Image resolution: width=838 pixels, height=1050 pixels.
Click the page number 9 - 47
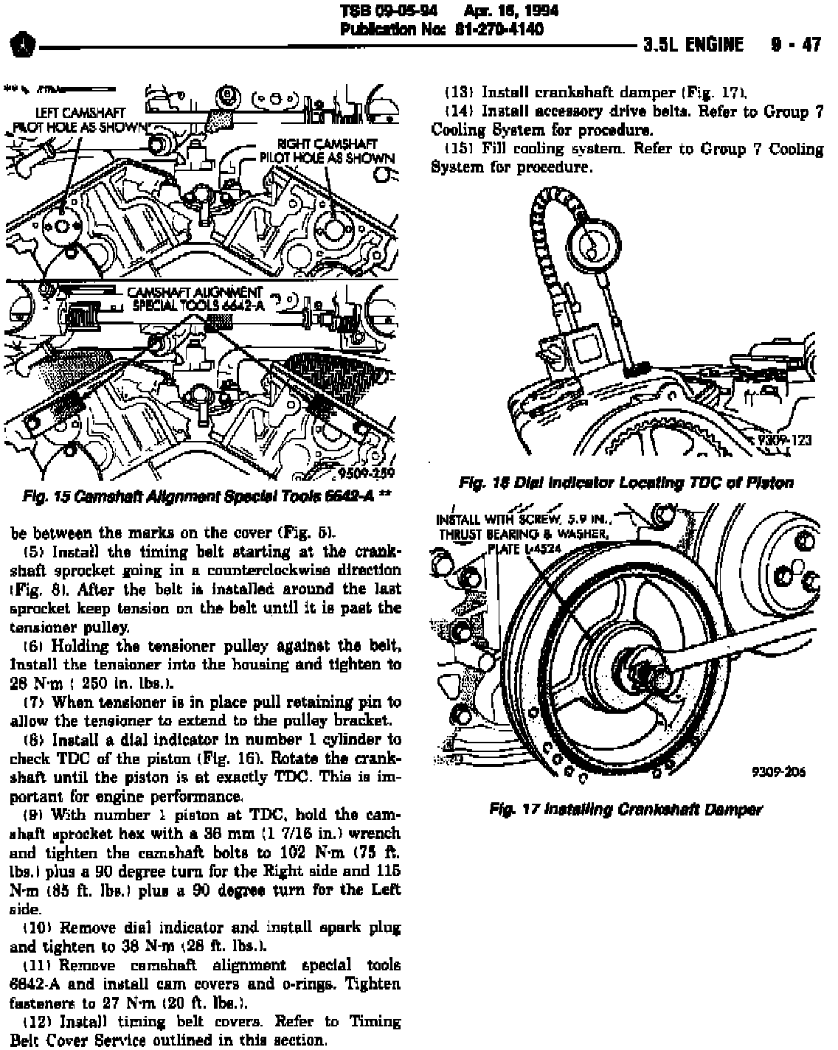[x=795, y=45]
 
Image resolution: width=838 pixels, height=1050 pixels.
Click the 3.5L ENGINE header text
[x=693, y=45]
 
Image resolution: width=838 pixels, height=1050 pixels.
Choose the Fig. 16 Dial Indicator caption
[x=626, y=483]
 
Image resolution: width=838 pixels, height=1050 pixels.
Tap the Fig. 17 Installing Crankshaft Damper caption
[x=626, y=809]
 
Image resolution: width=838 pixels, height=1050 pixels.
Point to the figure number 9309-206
[x=778, y=773]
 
